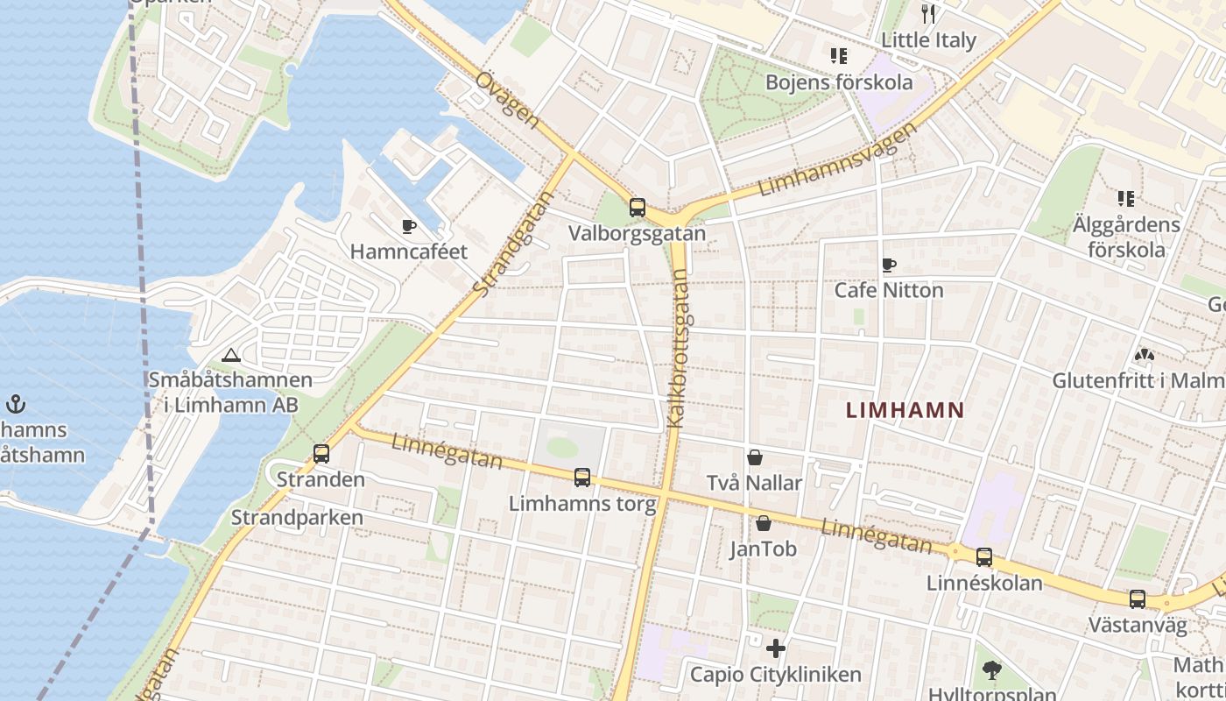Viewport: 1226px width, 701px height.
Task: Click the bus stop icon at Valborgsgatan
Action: [637, 208]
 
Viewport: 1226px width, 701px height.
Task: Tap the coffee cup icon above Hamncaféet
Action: [408, 226]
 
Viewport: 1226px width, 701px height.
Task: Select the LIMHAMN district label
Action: [905, 409]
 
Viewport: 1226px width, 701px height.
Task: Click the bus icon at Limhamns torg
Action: [581, 478]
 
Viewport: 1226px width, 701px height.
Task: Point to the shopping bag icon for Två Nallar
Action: [754, 457]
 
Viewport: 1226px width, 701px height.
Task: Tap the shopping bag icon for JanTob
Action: [764, 523]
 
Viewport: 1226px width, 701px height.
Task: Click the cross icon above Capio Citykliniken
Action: [775, 648]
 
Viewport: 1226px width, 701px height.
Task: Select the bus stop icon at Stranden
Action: [321, 454]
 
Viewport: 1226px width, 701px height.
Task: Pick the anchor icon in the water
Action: [15, 404]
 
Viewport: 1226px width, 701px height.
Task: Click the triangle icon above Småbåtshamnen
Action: [230, 355]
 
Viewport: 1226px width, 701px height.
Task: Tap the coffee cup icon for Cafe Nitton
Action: [888, 265]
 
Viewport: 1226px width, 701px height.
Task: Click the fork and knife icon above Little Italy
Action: [928, 14]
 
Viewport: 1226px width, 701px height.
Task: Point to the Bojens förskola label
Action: [838, 82]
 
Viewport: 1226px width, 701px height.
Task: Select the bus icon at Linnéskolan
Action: [983, 557]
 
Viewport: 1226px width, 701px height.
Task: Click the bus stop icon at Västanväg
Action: [1137, 599]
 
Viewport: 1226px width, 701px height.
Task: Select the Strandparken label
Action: [296, 517]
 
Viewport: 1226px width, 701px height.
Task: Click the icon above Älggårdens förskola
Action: [1125, 199]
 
